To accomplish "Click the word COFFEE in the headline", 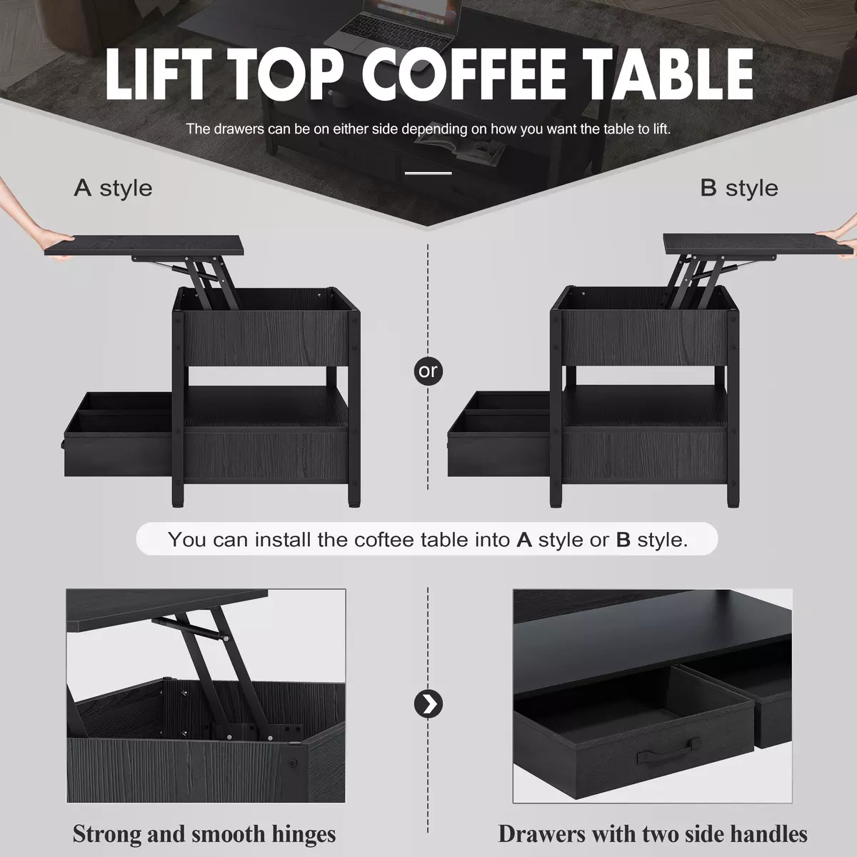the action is coord(464,74).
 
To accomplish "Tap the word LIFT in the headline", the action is coord(157,74).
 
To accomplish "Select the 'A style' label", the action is coord(113,188).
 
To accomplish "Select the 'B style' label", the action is coord(738,188).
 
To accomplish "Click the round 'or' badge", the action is coord(428,371).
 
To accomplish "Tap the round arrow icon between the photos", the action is coord(428,704).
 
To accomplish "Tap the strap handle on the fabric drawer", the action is coord(668,754).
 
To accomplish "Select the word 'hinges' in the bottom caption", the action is coord(304,833).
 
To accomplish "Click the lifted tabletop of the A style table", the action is coord(144,246).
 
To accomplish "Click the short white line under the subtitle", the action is coord(428,173).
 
